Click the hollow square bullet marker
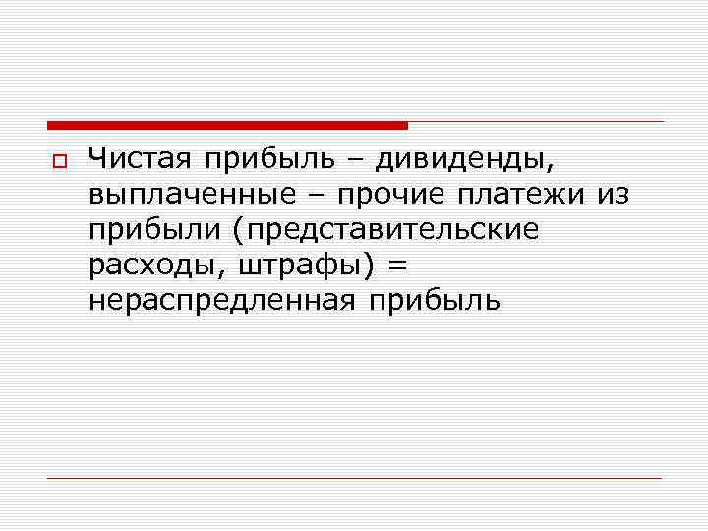57,160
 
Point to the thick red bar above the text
227,125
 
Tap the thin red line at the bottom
354,478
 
